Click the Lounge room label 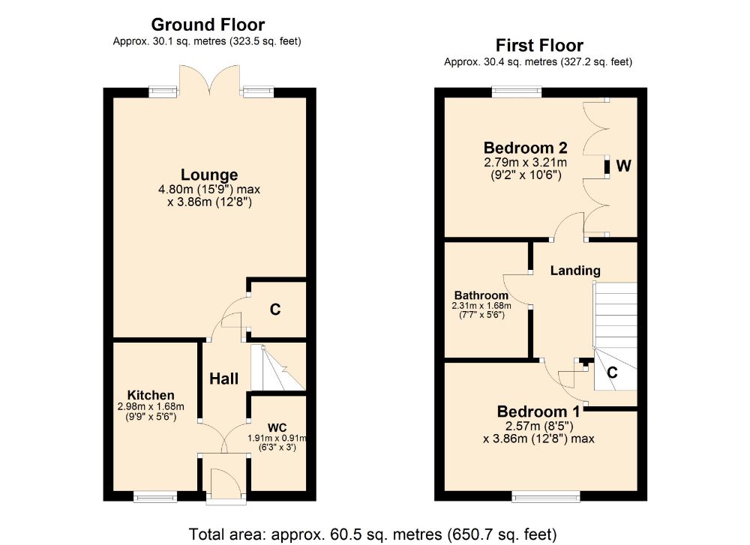[209, 175]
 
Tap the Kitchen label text [151, 395]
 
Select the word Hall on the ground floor [223, 379]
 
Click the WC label [277, 427]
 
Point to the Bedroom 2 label [525, 148]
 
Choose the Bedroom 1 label [538, 412]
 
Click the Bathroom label [481, 295]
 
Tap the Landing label [575, 271]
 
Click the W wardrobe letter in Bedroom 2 [624, 166]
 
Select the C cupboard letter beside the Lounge [275, 310]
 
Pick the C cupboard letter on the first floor [612, 372]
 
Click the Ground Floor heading [208, 25]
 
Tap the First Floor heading [539, 46]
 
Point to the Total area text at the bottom [373, 534]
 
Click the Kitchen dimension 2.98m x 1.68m [151, 407]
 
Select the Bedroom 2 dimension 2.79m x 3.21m [525, 163]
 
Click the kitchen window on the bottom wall [155, 497]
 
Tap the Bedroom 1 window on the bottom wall [546, 497]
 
